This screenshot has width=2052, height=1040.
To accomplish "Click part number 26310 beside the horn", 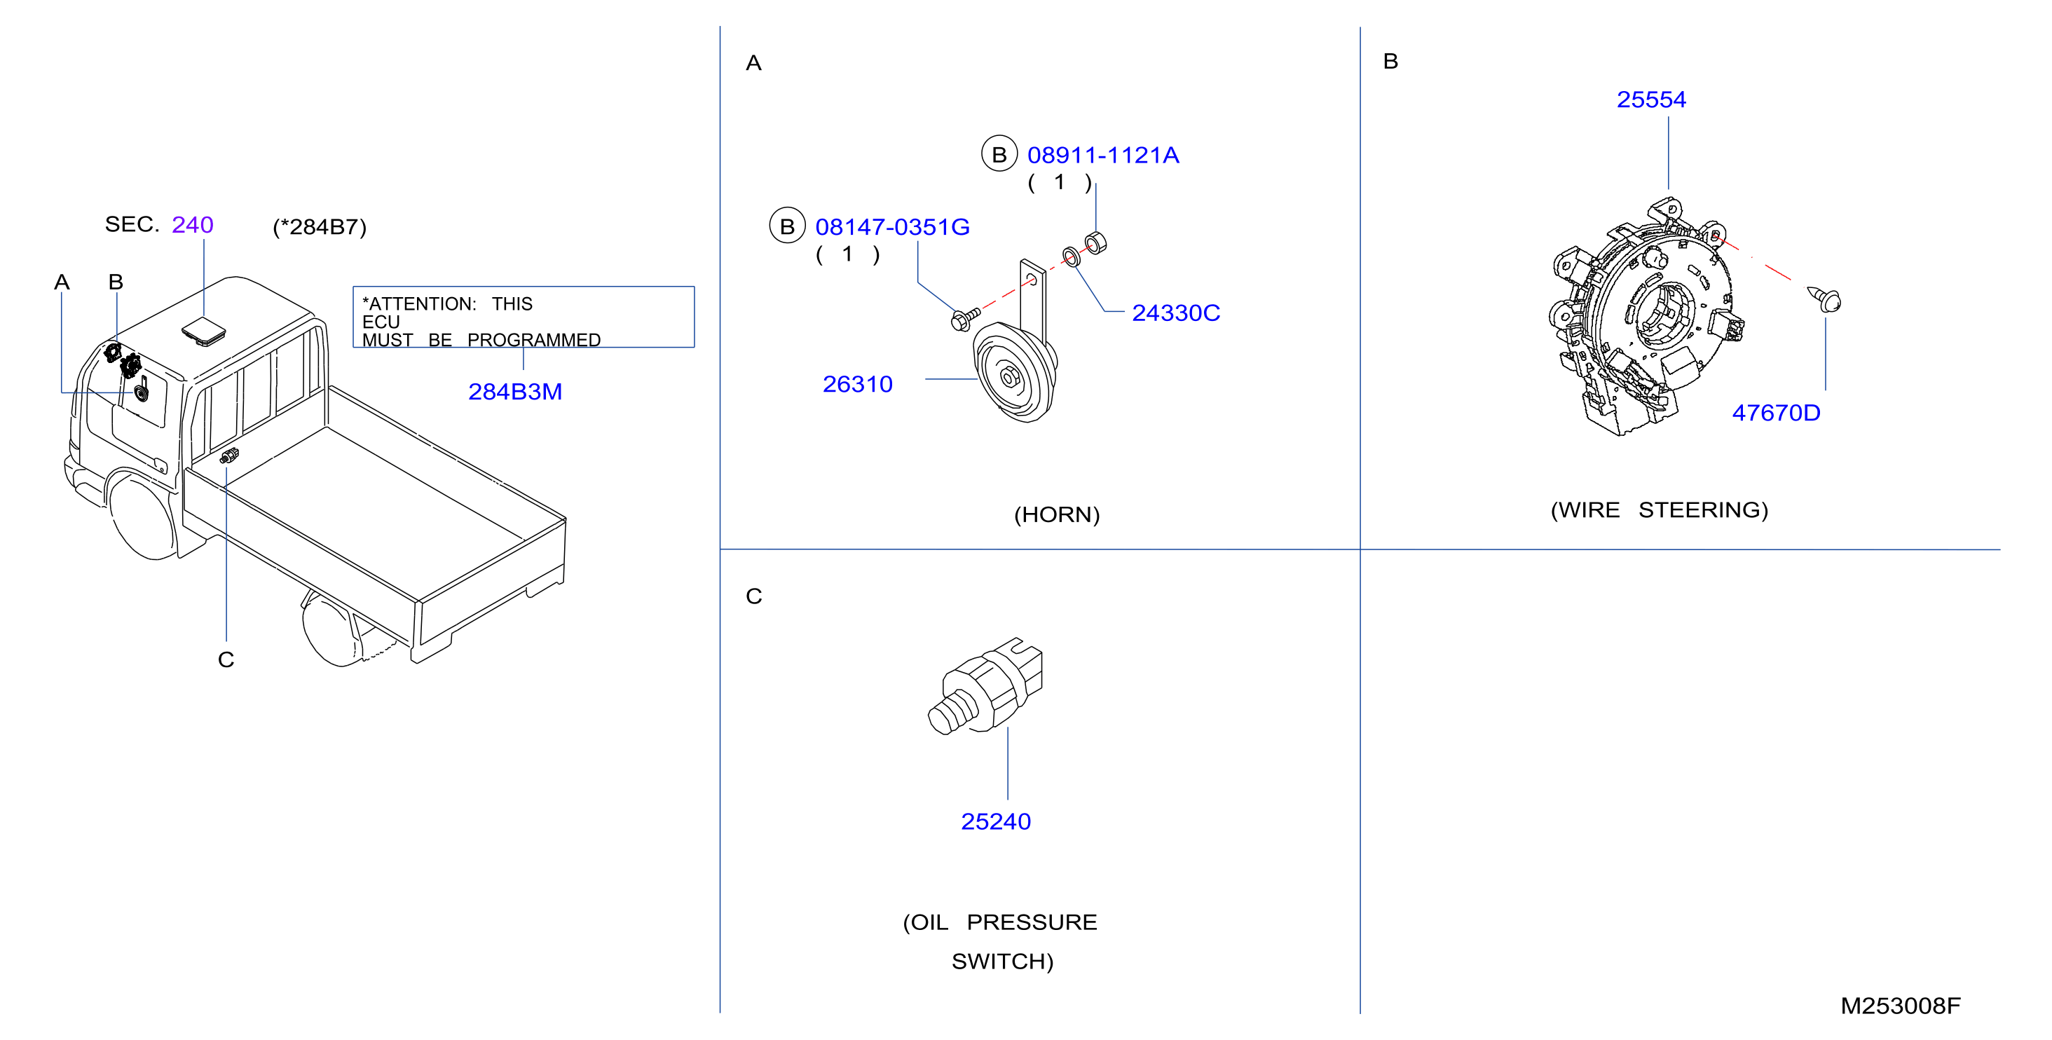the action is [857, 384].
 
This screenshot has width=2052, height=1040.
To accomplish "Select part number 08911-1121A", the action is [1102, 156].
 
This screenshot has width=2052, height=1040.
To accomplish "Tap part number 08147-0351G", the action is [892, 227].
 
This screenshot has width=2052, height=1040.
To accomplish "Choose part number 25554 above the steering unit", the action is [1651, 100].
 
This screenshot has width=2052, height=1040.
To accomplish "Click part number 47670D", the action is [1776, 413].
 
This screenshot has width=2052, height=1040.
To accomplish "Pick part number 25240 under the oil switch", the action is [996, 821].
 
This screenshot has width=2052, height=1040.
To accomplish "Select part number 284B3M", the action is [514, 392].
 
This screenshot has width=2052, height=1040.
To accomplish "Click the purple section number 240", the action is [193, 224].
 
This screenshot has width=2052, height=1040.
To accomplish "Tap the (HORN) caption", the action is [1056, 514].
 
